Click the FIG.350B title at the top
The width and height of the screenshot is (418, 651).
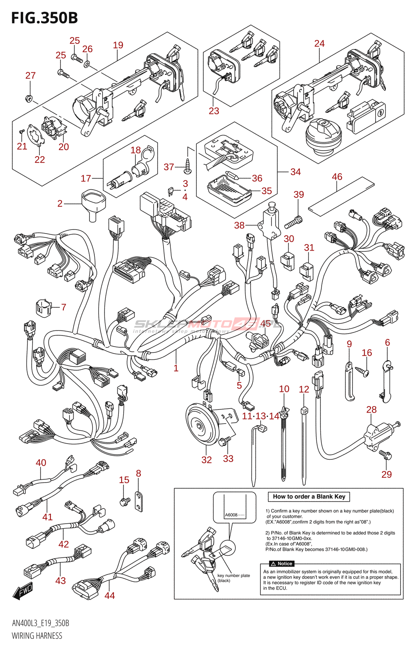(44, 18)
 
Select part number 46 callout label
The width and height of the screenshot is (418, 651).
(337, 177)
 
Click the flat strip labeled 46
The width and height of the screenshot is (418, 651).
(341, 195)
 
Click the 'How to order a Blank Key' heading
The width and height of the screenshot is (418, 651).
(309, 497)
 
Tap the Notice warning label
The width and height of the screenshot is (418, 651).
(281, 564)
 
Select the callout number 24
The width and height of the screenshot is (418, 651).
(319, 44)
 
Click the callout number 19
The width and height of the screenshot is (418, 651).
(118, 45)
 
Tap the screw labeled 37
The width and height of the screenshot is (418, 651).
(187, 166)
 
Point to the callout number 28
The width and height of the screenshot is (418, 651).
(371, 410)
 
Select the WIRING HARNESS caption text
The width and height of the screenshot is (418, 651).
(37, 636)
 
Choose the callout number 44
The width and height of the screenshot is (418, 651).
(110, 596)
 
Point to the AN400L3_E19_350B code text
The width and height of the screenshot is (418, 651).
(40, 623)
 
